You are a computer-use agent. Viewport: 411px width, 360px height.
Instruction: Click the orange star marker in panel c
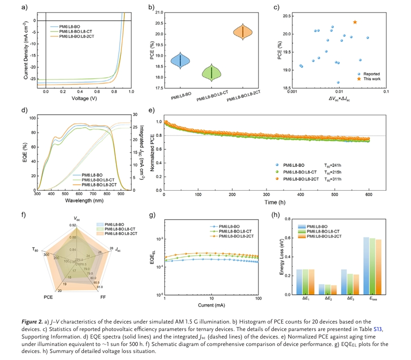coord(355,22)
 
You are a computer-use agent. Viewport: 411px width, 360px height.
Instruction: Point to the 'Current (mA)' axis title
coord(211,305)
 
